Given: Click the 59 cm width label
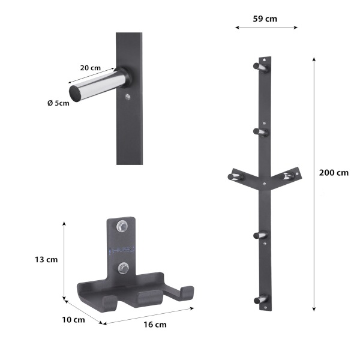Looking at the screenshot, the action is tap(265, 19).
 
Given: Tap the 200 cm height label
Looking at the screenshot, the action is tap(334, 173).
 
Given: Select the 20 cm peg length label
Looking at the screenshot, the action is tap(91, 68).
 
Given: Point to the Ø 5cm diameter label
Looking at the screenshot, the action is tap(58, 103).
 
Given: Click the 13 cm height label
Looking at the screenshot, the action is tap(46, 260).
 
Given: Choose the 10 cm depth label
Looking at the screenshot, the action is tap(73, 320).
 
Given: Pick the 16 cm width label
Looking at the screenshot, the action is tap(155, 325).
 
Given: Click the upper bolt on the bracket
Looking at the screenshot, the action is tap(122, 226).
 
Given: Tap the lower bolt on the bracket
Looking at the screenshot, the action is tap(123, 268).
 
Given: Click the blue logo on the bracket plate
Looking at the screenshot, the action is tap(122, 250).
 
